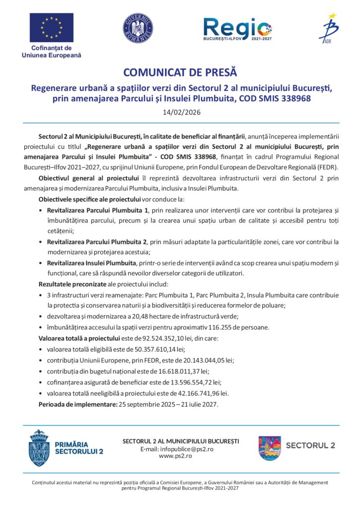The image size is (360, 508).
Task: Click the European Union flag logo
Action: click(x=51, y=28)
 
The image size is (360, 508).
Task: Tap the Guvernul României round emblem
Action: click(x=138, y=28)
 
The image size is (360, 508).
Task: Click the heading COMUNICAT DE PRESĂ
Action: click(x=180, y=73)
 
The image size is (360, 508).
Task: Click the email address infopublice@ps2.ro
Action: click(x=185, y=448)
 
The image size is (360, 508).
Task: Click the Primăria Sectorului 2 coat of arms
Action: click(x=39, y=448)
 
